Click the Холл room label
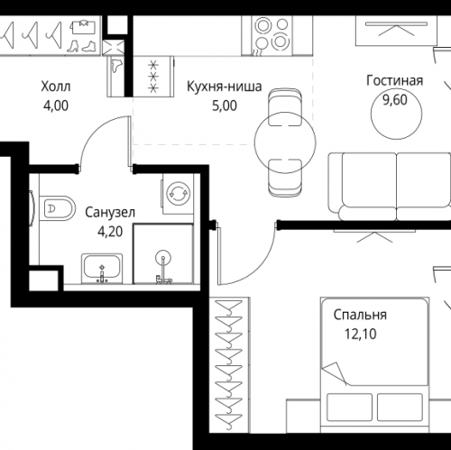[55, 87]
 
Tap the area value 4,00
[55, 104]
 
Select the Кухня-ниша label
[224, 87]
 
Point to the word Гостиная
[394, 80]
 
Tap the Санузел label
[110, 213]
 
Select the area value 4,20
[110, 230]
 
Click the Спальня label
[360, 316]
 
